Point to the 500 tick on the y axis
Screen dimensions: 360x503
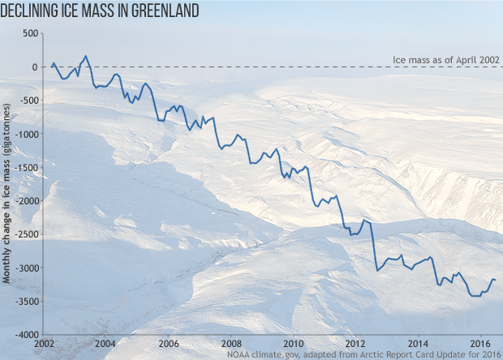31,33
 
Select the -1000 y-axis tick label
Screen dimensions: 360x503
27,134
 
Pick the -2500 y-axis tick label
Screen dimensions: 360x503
27,234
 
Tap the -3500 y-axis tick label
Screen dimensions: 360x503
27,301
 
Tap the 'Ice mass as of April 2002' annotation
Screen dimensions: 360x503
445,59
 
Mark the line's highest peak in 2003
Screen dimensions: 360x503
86,57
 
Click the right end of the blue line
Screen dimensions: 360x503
496,280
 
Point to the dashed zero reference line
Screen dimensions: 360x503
243,66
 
